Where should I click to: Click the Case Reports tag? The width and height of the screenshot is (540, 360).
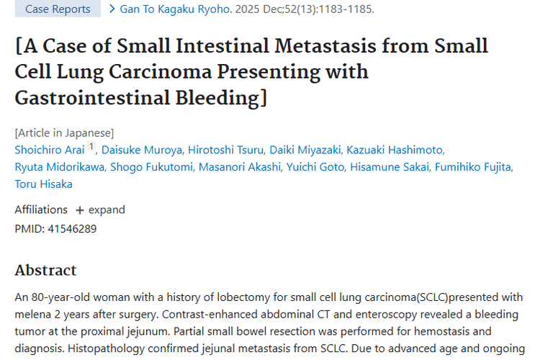58,9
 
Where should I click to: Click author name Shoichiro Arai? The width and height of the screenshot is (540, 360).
50,150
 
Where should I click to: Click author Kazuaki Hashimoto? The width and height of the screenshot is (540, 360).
395,150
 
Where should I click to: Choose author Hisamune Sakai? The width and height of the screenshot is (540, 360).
390,167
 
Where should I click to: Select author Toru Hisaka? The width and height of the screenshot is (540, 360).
43,184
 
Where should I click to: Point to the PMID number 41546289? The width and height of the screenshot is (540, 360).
71,229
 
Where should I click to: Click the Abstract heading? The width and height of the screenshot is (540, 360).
45,271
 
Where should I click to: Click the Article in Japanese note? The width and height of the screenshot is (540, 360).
64,132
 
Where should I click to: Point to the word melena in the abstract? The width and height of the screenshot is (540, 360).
33,315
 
